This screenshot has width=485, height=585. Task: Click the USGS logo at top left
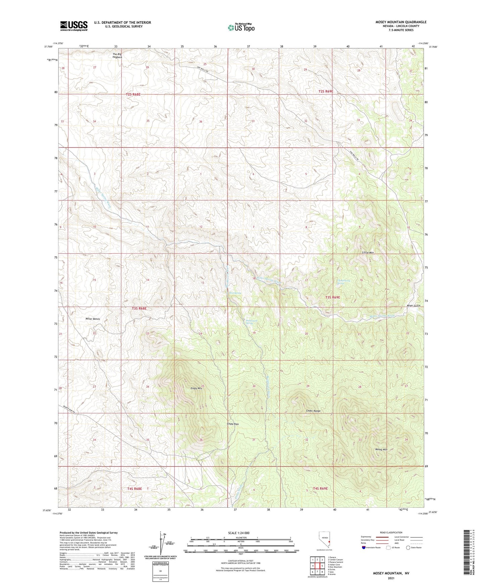pos(74,26)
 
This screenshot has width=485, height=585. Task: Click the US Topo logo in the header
pos(241,27)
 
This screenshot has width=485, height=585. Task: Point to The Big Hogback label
pos(117,56)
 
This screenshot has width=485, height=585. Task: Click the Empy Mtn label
pos(196,389)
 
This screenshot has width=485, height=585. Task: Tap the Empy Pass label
pos(233,424)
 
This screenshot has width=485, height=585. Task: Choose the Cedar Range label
pos(313,411)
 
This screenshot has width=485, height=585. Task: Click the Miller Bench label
pos(92,319)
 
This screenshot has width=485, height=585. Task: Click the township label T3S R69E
pos(332,297)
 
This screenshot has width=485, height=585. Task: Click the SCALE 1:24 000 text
pos(239,533)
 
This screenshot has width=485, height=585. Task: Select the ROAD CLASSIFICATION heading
pos(391,532)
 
